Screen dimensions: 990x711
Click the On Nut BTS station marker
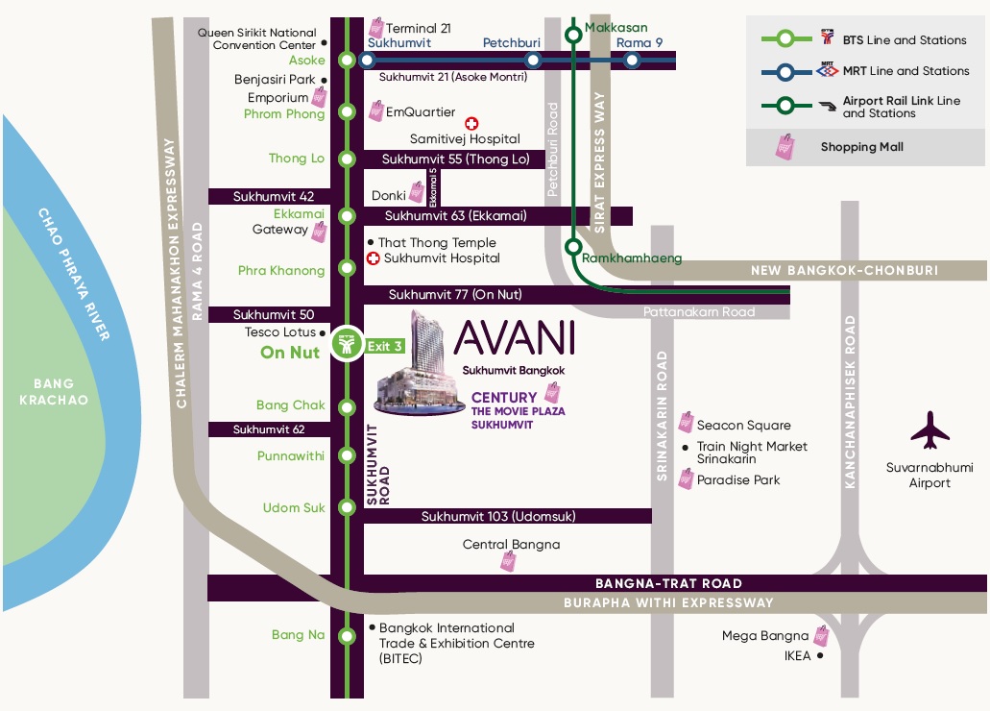tap(347, 344)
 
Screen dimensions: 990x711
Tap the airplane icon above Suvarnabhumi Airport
tap(930, 431)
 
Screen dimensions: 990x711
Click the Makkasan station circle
tap(572, 36)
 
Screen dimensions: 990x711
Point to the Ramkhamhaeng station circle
tap(572, 245)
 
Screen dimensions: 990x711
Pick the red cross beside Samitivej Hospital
tap(471, 123)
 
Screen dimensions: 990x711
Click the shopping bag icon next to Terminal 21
tap(376, 27)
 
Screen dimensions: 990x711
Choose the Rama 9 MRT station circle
tap(631, 60)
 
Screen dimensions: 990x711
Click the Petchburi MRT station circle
tap(533, 60)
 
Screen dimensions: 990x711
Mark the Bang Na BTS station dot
tap(347, 634)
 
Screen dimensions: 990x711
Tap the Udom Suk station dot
tap(347, 507)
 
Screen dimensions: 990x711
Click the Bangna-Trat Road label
tap(668, 583)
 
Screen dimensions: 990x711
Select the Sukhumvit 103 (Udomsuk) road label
tap(498, 517)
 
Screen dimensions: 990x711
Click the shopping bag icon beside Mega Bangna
tap(820, 635)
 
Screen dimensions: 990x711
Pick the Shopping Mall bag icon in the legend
tap(785, 147)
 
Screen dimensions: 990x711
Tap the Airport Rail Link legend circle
tap(785, 106)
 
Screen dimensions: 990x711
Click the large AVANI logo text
tap(515, 337)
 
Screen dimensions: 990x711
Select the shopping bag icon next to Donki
tap(416, 193)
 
